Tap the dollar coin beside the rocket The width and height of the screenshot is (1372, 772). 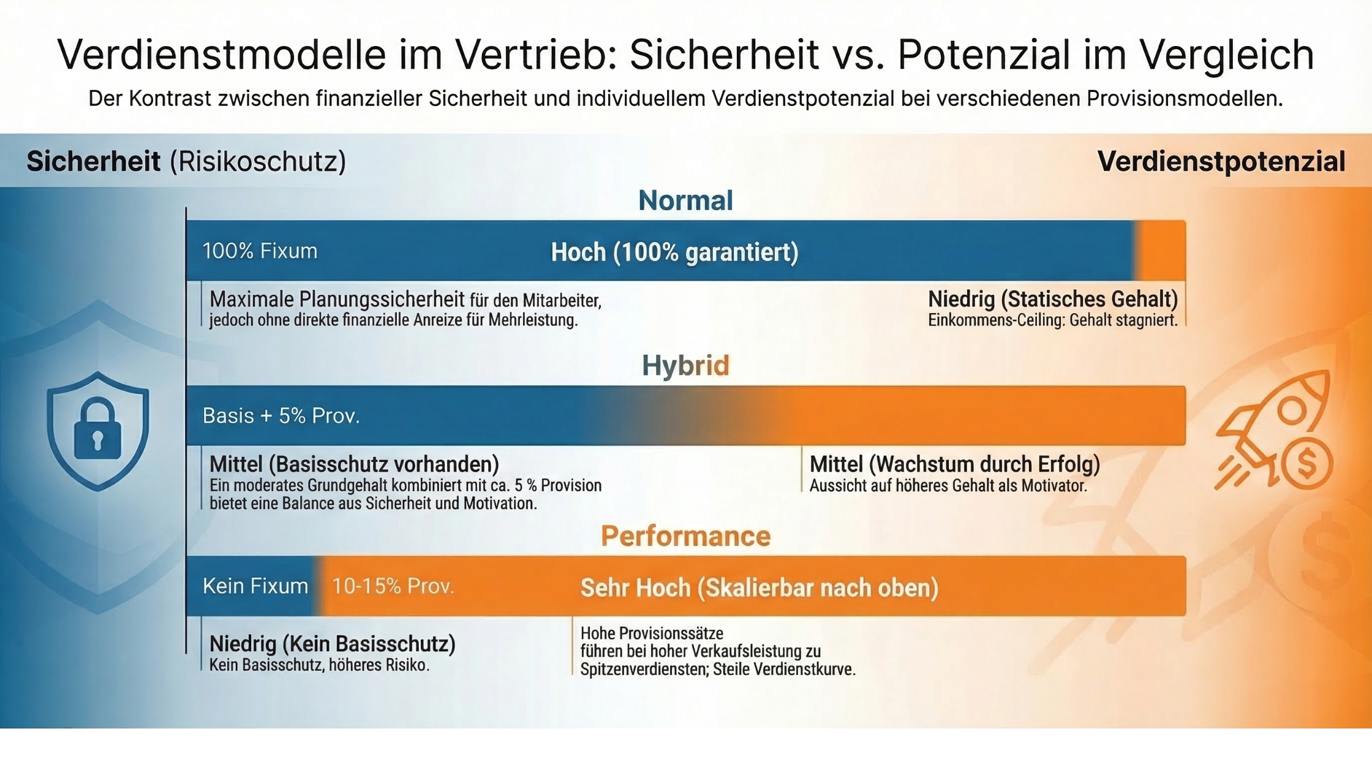coord(1306,464)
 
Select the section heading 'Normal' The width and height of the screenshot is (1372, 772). coord(685,200)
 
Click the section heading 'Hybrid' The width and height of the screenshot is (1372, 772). coord(685,366)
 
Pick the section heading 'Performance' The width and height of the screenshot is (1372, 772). coord(685,536)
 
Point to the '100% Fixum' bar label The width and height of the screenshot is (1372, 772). coord(260,251)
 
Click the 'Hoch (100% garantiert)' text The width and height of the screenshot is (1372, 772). coord(674,252)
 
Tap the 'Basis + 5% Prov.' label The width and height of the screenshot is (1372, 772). coord(281,416)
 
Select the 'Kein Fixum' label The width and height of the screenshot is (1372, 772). coord(255,586)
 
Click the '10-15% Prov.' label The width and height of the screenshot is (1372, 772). coord(393,586)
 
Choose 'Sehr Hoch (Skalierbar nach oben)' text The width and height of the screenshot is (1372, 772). coord(759,588)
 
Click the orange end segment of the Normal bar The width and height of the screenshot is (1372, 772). coord(1161,251)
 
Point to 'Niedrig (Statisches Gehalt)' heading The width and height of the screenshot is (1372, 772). coord(1053,300)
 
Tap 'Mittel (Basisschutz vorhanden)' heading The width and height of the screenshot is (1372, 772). coord(354,464)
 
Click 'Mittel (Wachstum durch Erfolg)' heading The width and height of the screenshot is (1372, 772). coord(954,464)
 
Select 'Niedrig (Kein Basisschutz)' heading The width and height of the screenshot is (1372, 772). coord(333,644)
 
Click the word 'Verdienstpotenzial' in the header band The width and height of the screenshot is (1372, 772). coord(1221,162)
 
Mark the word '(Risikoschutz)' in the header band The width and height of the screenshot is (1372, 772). coord(258,162)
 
